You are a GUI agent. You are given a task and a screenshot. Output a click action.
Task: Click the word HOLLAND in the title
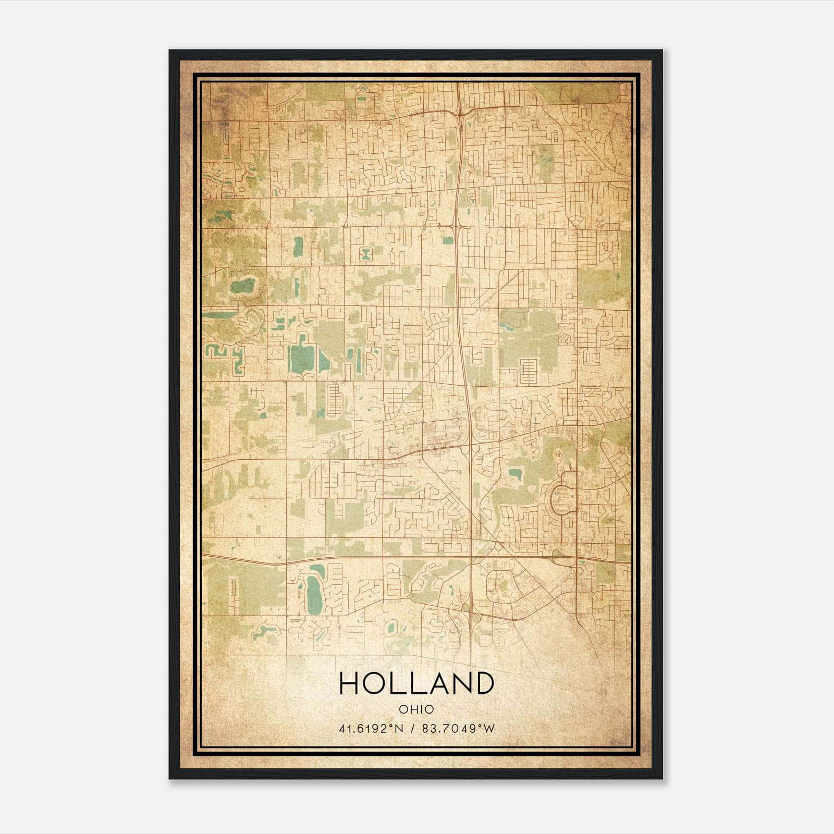tap(416, 683)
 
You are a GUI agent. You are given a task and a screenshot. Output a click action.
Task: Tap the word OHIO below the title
tap(416, 709)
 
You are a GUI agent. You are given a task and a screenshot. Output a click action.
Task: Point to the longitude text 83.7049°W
tap(458, 728)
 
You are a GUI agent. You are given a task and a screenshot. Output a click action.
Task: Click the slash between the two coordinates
tap(413, 728)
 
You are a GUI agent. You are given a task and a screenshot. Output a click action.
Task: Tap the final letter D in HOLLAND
tap(484, 683)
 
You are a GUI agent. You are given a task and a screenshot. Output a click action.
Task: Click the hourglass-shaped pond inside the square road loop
tap(366, 254)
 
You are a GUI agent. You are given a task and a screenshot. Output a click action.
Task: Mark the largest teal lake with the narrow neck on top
tap(299, 356)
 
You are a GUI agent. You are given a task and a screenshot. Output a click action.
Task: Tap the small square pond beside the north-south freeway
tap(448, 240)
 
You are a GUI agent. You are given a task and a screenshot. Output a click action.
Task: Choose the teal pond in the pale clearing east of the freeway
tap(515, 474)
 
